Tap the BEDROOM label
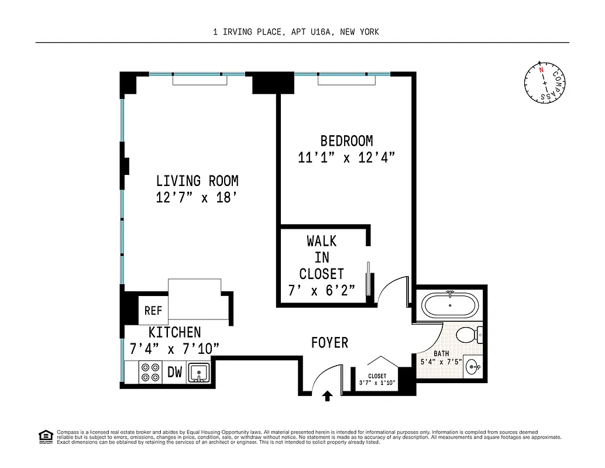346,141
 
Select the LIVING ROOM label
197,181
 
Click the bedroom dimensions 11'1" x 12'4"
346,157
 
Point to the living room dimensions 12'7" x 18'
197,198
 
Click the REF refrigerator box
153,311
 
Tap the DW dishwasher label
175,372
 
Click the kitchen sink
200,372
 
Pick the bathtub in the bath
450,305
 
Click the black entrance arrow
328,396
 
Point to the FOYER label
329,343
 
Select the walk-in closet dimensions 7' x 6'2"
321,291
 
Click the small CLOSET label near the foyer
377,376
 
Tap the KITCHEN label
174,332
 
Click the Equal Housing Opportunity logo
44,436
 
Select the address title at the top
296,32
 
